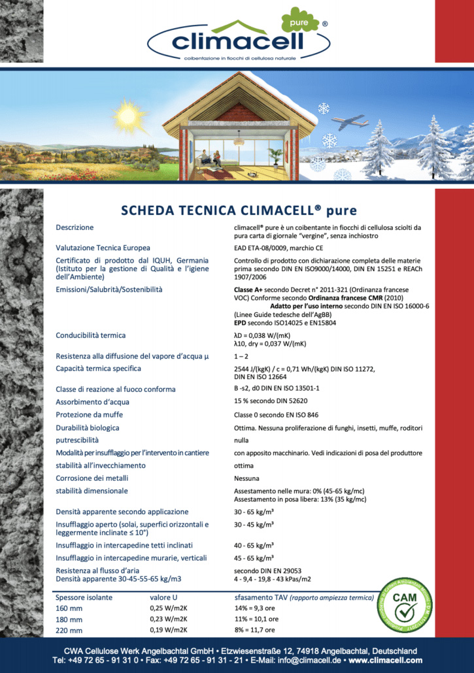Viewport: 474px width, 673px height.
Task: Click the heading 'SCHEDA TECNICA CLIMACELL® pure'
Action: (x=239, y=210)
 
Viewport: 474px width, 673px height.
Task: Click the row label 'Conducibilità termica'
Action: (x=90, y=336)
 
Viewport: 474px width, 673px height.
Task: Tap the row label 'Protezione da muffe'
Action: (x=89, y=415)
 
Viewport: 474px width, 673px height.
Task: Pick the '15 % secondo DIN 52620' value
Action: (x=271, y=402)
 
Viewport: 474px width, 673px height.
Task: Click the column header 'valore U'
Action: (x=166, y=598)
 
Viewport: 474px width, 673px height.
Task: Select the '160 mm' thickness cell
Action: (x=69, y=608)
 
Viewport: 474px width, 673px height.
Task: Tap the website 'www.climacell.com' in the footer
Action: (x=380, y=661)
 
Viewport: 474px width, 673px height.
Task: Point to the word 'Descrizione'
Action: (x=75, y=227)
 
